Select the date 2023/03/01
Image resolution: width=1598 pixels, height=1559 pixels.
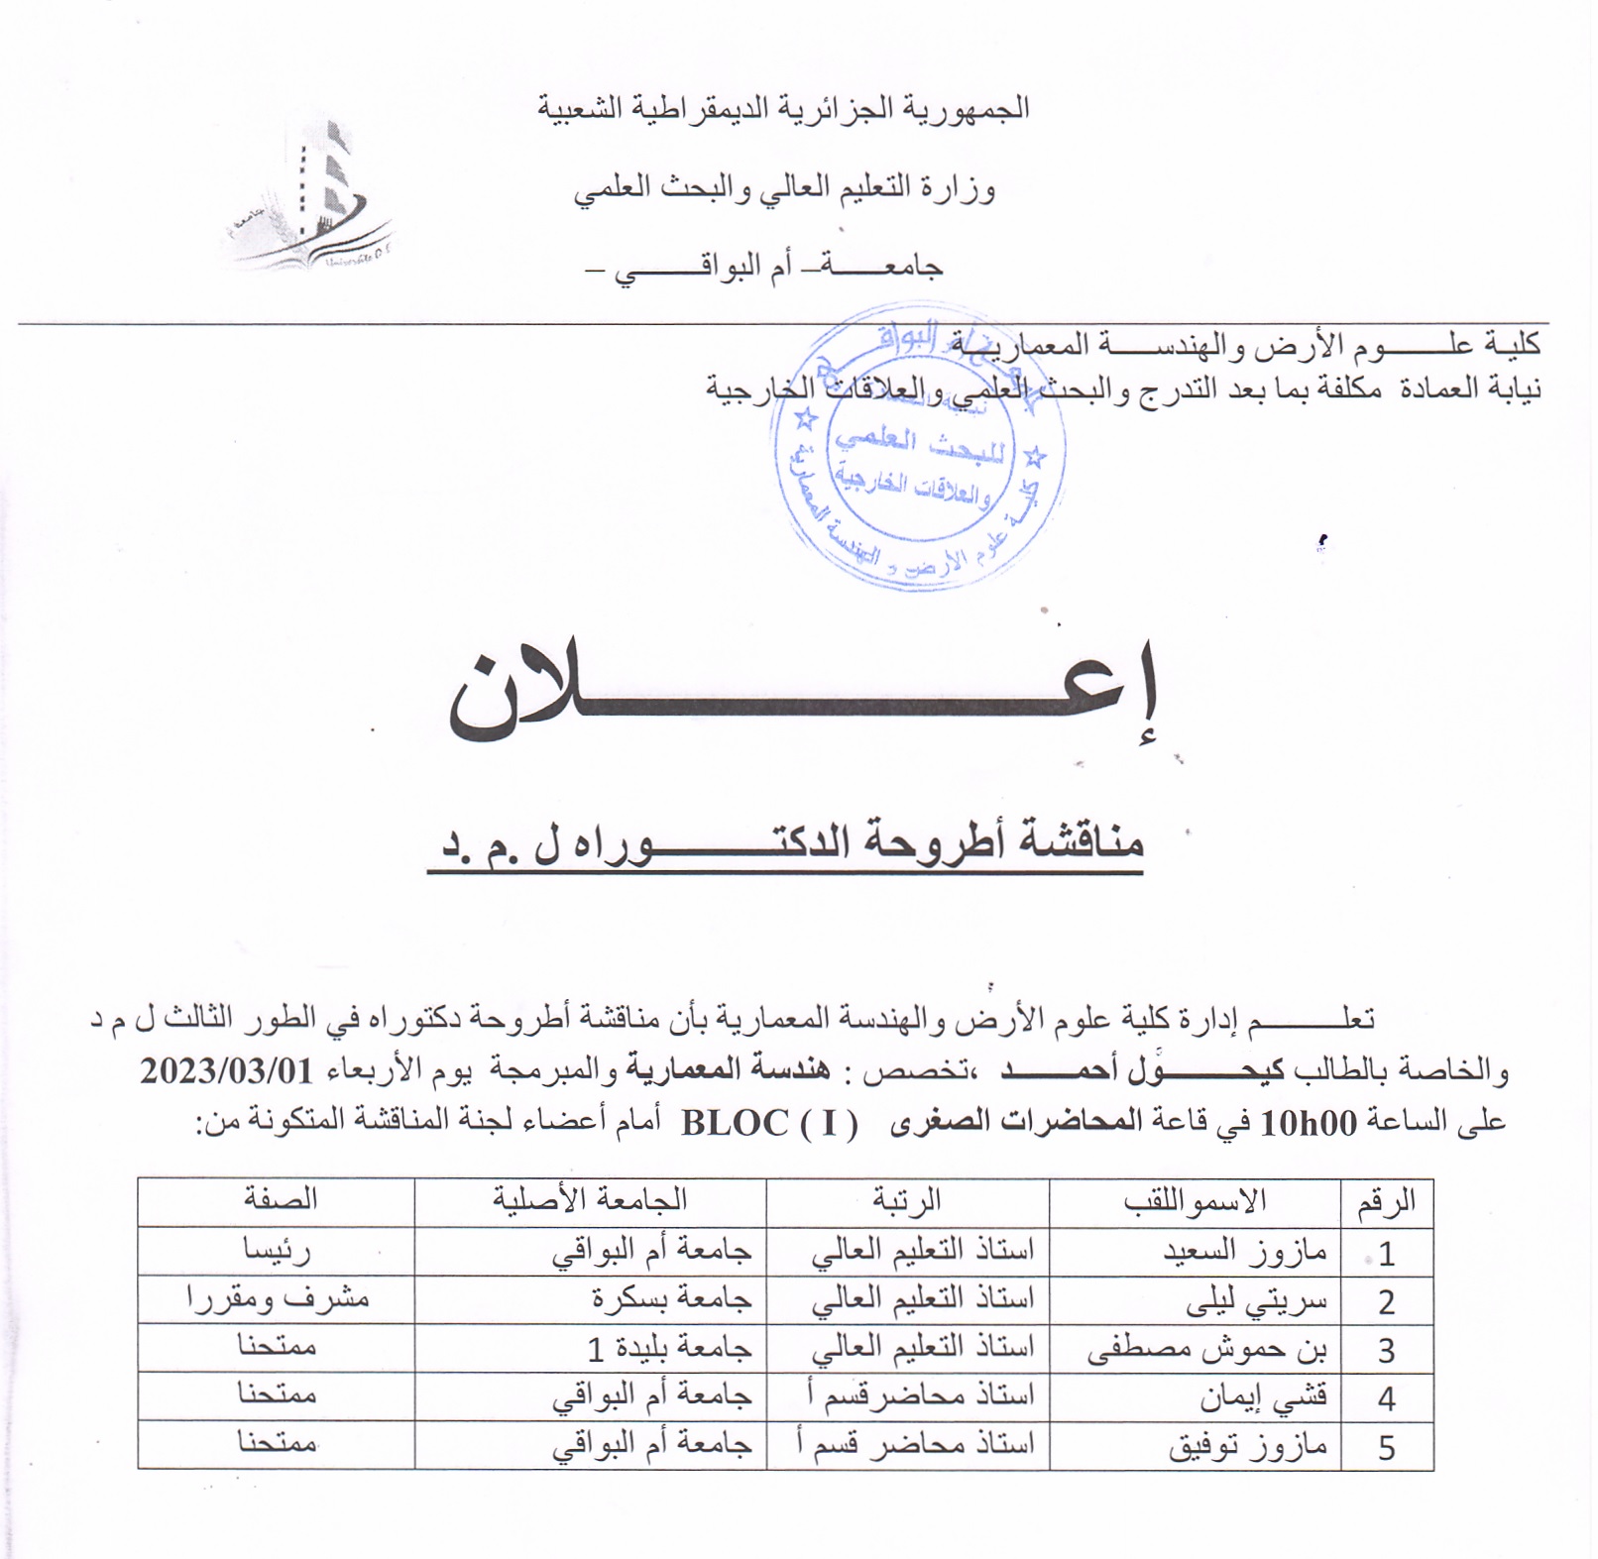point(226,1071)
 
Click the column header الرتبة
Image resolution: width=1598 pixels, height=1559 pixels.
point(906,1201)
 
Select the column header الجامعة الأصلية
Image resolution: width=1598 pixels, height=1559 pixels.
point(590,1200)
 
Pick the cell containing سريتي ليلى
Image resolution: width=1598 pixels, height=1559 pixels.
point(1256,1300)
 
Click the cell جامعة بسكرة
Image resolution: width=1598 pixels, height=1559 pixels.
point(672,1298)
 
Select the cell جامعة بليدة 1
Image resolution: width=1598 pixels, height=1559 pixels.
point(670,1348)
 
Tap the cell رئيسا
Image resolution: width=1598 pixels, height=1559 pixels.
point(277,1251)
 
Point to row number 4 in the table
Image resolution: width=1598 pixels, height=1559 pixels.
point(1386,1398)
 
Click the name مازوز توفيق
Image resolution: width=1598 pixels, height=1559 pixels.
point(1247,1447)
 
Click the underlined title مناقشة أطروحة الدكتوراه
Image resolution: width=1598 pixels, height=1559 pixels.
point(788,843)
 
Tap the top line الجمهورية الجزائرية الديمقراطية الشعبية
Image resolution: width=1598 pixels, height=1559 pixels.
point(783,107)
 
